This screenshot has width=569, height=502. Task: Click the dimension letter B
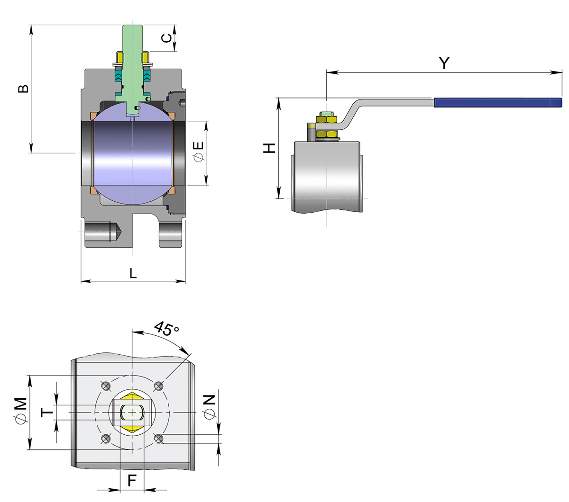(x=23, y=89)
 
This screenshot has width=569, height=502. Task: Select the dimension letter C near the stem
(x=166, y=38)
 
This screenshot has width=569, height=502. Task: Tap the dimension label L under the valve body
(x=133, y=273)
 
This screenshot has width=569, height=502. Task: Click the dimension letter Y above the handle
(x=444, y=63)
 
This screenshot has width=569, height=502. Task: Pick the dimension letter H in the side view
(x=269, y=148)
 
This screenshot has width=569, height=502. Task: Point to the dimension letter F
(x=132, y=481)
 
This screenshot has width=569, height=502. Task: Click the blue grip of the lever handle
(x=498, y=102)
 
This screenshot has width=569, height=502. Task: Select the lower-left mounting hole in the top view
(x=105, y=439)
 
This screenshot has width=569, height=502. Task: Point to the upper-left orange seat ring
(x=93, y=116)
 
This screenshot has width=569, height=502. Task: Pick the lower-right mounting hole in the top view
(x=158, y=439)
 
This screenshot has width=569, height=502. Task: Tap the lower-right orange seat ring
(x=172, y=190)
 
